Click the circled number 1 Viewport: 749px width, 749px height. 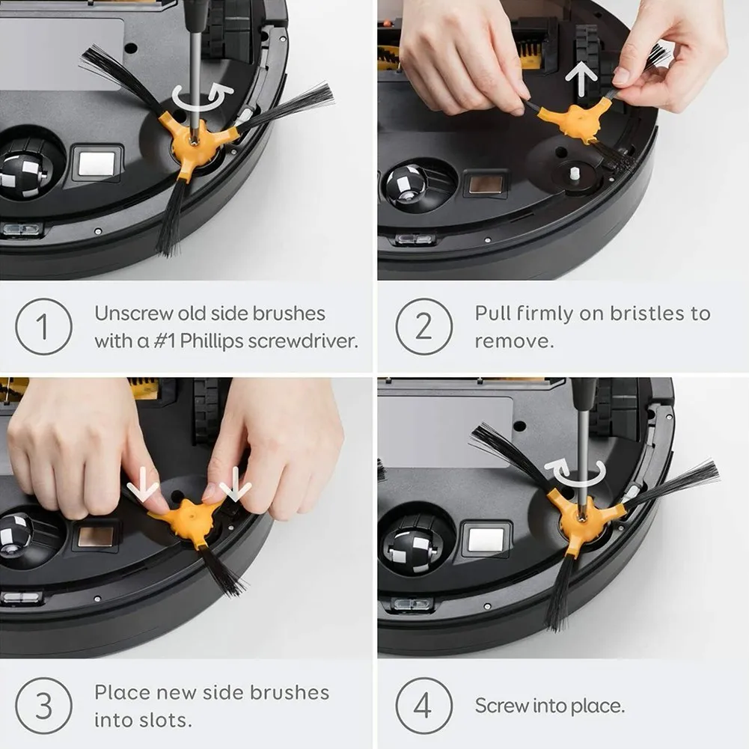[43, 326]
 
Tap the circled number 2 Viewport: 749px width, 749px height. [424, 326]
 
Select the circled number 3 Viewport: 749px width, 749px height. [43, 706]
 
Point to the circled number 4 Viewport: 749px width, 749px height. [424, 706]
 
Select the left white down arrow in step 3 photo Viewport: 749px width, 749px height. [142, 489]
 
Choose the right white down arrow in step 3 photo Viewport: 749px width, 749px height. [236, 489]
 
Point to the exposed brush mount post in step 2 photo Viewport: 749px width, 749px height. [576, 172]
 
